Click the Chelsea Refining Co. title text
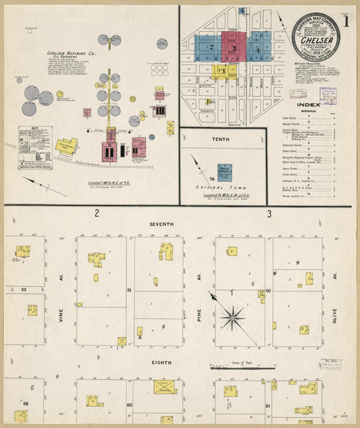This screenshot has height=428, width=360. [x=72, y=53]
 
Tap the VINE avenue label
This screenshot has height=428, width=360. [x=60, y=315]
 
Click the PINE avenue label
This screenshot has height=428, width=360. [x=200, y=314]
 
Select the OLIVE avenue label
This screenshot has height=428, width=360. [x=334, y=314]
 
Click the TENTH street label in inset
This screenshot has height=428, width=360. [x=220, y=140]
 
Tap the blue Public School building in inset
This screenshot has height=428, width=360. [x=224, y=172]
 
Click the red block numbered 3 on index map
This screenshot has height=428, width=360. [x=233, y=48]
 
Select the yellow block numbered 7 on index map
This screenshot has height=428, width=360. [x=223, y=70]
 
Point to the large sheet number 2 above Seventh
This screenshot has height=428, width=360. [x=97, y=213]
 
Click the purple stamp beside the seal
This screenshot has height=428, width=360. [x=328, y=96]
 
